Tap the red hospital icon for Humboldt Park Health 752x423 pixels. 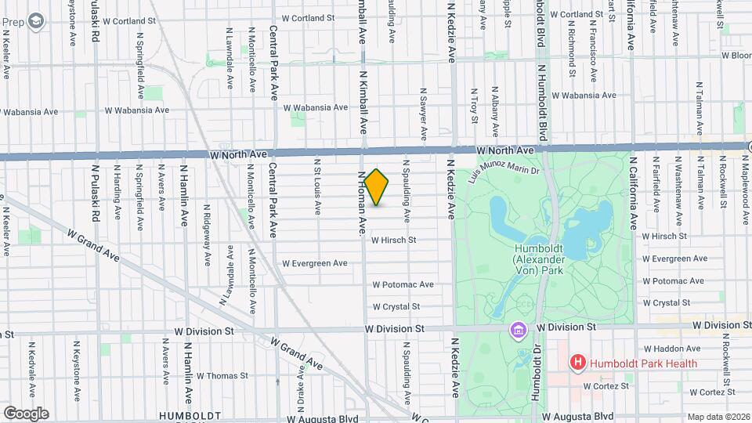578,363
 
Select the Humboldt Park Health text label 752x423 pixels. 642,363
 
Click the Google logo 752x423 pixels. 26,413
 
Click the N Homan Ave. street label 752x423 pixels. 363,203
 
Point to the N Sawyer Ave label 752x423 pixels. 423,114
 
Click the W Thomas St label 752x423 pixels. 222,376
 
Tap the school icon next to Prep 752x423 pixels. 34,21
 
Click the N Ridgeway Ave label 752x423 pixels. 208,223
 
